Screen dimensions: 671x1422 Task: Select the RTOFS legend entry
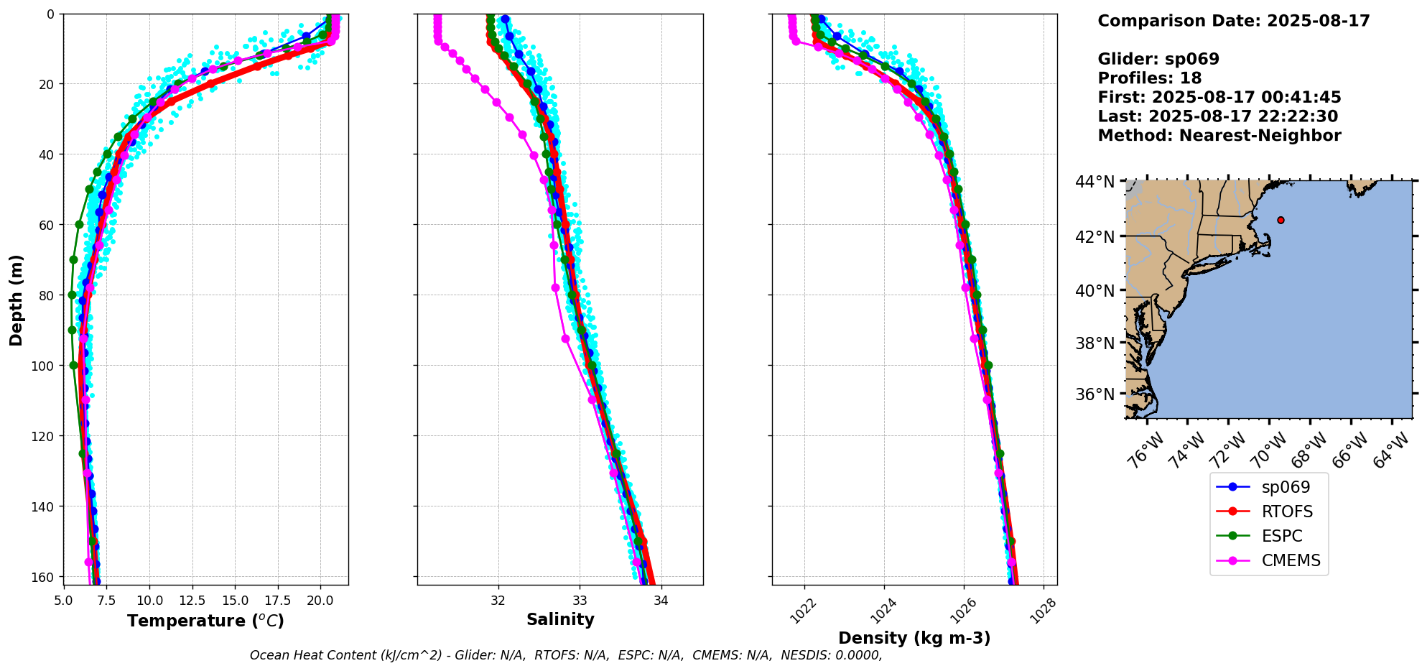pyautogui.click(x=1287, y=512)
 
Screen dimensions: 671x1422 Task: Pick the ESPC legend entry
pyautogui.click(x=1282, y=536)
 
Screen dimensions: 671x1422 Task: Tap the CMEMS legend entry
pyautogui.click(x=1291, y=560)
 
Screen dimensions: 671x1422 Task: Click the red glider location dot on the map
pyautogui.click(x=1281, y=220)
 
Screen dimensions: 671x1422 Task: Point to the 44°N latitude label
pyautogui.click(x=1095, y=182)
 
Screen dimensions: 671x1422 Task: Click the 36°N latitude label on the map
pyautogui.click(x=1095, y=394)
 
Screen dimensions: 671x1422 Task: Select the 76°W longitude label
pyautogui.click(x=1143, y=452)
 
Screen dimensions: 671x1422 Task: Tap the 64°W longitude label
pyautogui.click(x=1389, y=452)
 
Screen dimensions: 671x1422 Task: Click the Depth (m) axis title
pyautogui.click(x=16, y=300)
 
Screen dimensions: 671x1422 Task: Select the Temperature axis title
pyautogui.click(x=205, y=621)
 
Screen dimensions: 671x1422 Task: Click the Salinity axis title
pyautogui.click(x=560, y=619)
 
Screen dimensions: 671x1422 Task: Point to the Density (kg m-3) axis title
pyautogui.click(x=914, y=638)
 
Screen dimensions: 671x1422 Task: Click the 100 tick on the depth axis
pyautogui.click(x=42, y=366)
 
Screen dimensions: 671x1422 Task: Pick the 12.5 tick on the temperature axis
pyautogui.click(x=191, y=601)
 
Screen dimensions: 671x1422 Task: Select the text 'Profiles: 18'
pyautogui.click(x=1149, y=78)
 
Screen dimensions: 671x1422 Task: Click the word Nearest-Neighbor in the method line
pyautogui.click(x=1260, y=136)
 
